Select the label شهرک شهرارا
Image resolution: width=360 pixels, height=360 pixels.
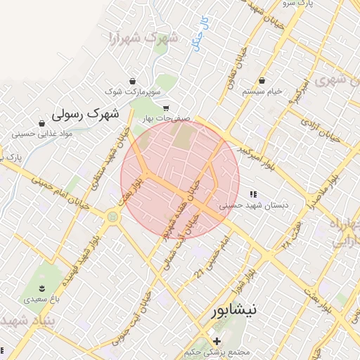pos(144,37)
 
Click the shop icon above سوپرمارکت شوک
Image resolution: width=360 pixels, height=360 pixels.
pos(133,81)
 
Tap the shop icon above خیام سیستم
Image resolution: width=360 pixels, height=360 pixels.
pos(262,80)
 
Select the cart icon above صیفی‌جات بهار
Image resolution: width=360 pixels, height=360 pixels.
pos(166,108)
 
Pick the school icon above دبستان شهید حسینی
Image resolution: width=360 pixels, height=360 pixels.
pos(252,194)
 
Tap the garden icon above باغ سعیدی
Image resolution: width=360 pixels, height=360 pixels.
pos(41,288)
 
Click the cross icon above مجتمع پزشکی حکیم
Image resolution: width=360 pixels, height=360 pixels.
pos(217,341)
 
